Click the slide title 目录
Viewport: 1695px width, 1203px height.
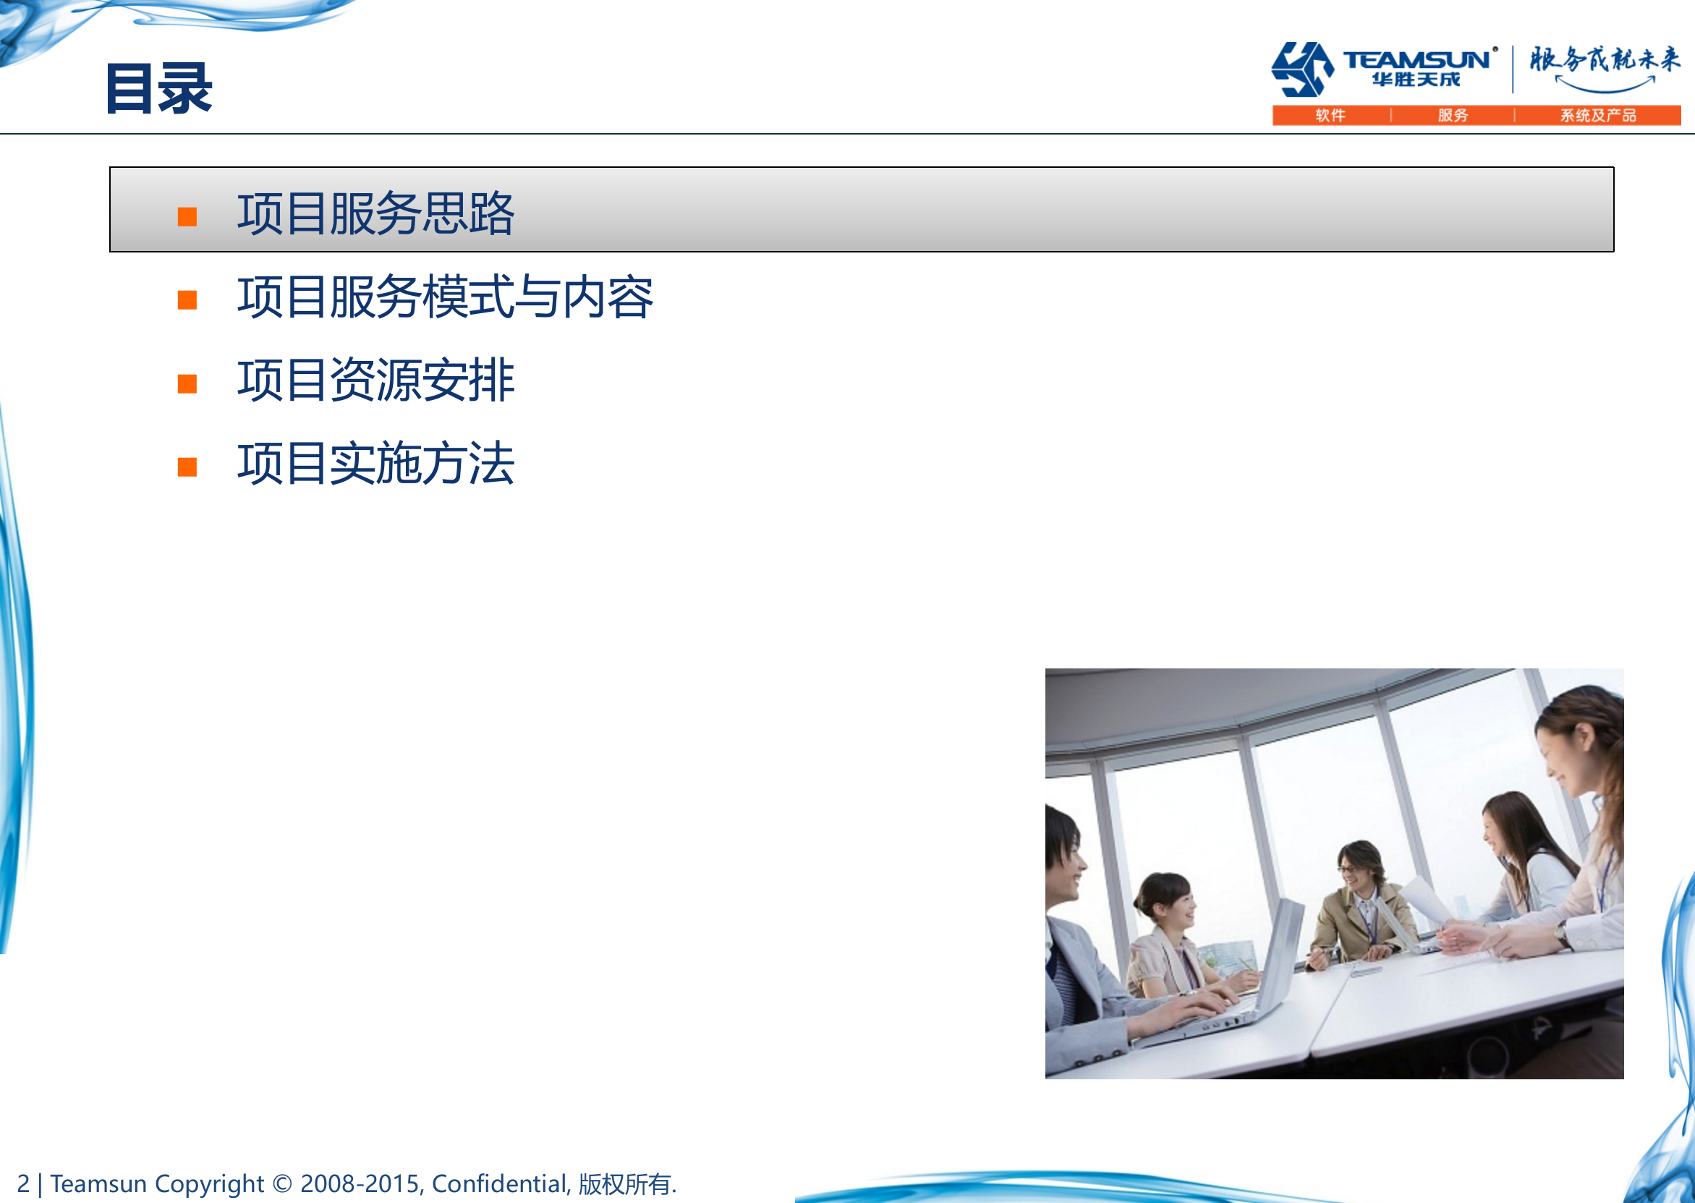[x=159, y=89]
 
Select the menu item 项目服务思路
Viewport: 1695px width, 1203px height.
[x=375, y=214]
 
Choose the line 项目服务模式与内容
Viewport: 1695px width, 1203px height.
[x=444, y=297]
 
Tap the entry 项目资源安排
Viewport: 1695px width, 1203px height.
[x=375, y=381]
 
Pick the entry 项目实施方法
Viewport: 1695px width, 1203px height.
[x=375, y=464]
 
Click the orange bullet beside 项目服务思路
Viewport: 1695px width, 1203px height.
[x=187, y=216]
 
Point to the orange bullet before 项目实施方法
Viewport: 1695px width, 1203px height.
[x=187, y=467]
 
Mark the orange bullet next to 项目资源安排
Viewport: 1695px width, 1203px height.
[x=187, y=383]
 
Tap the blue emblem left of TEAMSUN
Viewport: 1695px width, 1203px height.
[x=1302, y=69]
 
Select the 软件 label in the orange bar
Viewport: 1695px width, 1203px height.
[x=1330, y=116]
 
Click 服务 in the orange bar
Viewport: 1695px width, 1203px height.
[x=1453, y=116]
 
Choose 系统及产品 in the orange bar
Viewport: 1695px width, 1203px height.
[x=1598, y=116]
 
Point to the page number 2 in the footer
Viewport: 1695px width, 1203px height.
[x=24, y=1183]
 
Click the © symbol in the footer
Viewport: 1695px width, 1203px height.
[x=282, y=1183]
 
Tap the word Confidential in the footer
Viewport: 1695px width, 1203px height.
[x=499, y=1183]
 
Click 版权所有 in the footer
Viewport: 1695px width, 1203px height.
[x=624, y=1184]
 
